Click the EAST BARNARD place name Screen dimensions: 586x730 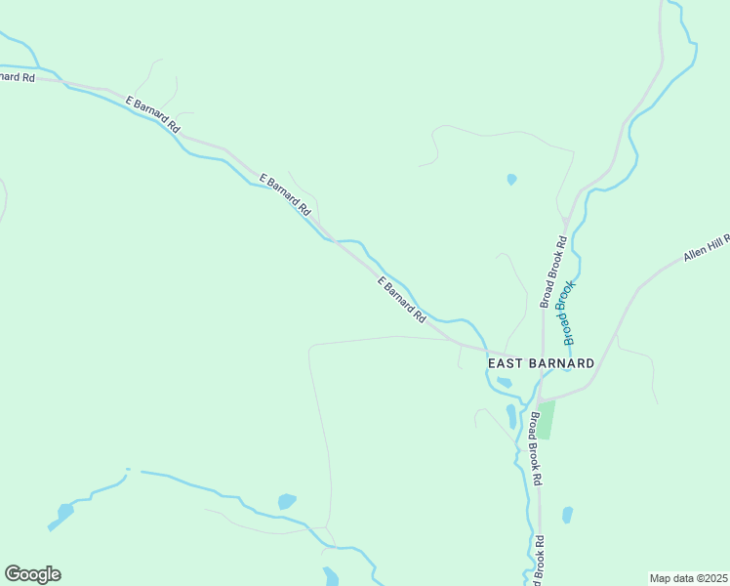click(x=541, y=363)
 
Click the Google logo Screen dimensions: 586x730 click(x=32, y=574)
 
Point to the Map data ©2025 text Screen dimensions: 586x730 click(x=689, y=578)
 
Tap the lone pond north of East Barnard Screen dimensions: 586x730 click(x=511, y=180)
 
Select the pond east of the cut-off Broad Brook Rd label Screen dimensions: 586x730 click(x=567, y=514)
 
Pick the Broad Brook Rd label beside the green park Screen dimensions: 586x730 click(x=536, y=450)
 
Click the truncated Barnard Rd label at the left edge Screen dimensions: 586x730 click(x=18, y=76)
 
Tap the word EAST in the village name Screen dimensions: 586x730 click(x=506, y=363)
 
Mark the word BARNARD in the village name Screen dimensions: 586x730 click(x=561, y=363)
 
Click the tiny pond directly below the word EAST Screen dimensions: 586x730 click(x=505, y=382)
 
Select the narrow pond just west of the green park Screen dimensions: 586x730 click(x=510, y=416)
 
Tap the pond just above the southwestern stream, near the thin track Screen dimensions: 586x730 click(x=287, y=501)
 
